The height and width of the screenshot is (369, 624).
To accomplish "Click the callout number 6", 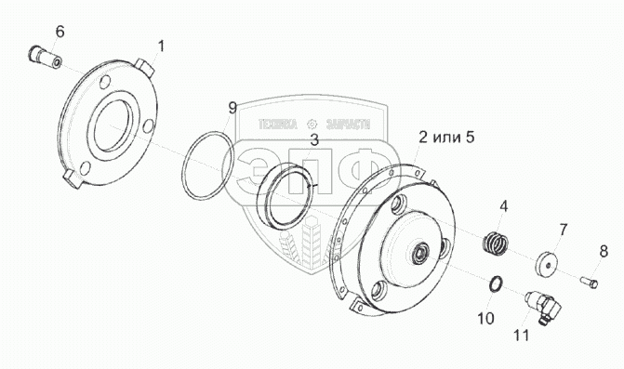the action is [x=60, y=31].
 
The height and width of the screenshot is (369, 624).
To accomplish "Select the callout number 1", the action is [x=161, y=46].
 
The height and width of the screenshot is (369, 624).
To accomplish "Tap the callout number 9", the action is [x=232, y=108].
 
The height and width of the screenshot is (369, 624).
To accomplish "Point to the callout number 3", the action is [x=314, y=139].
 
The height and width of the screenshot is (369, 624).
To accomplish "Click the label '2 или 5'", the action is [x=446, y=138].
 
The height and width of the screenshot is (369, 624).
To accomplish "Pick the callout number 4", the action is [x=504, y=206].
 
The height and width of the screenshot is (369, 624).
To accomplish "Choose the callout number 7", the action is [x=563, y=230].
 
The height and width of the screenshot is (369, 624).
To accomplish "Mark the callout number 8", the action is [x=604, y=251].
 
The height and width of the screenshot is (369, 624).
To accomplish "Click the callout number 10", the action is [x=486, y=318].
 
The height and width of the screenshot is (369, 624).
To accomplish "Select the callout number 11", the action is [x=522, y=336].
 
